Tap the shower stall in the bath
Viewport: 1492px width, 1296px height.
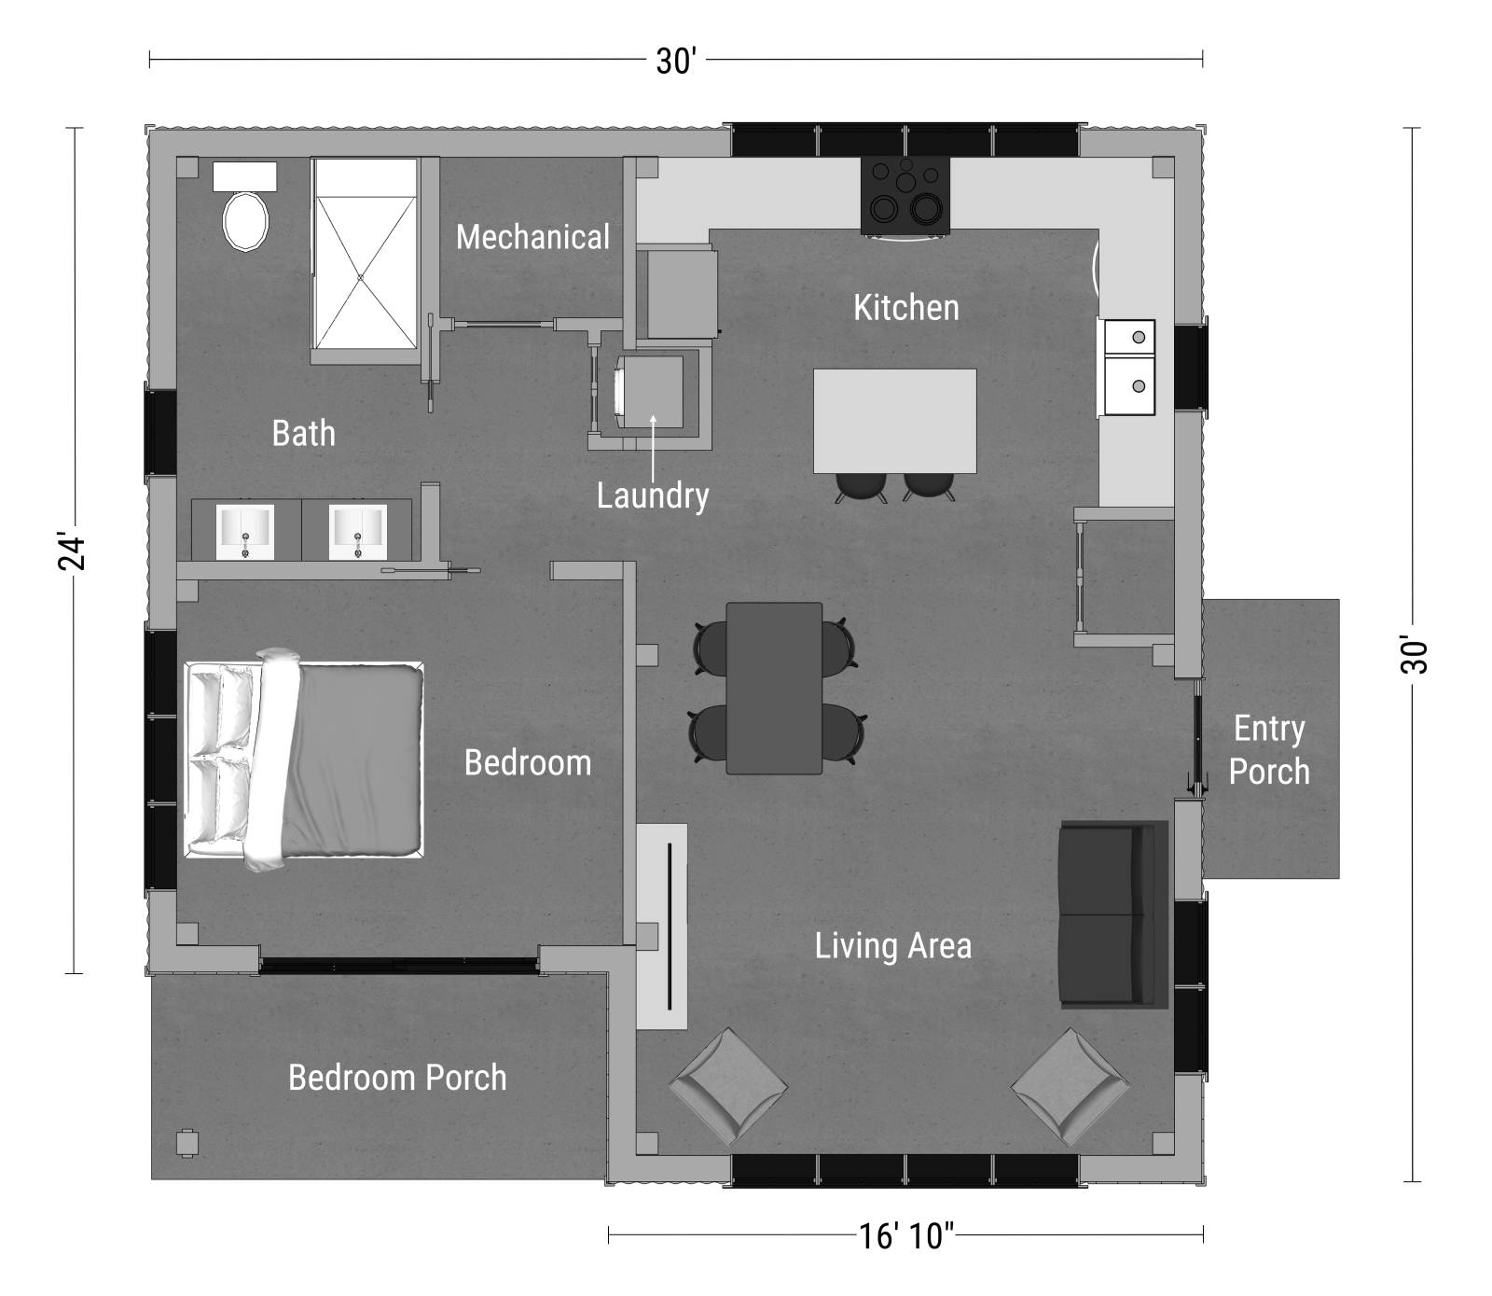(x=364, y=262)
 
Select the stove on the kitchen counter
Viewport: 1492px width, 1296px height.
(x=905, y=195)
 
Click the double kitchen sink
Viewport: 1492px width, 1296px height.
(x=1130, y=367)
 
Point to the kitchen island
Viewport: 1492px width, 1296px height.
(x=894, y=421)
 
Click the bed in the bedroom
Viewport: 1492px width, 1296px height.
(x=305, y=760)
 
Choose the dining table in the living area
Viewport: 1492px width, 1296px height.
(x=774, y=689)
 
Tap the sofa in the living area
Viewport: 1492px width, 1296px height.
(x=1112, y=914)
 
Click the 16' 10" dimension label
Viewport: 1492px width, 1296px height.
(x=905, y=1236)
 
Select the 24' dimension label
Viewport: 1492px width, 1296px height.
(x=74, y=551)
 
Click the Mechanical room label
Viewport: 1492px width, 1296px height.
(x=532, y=237)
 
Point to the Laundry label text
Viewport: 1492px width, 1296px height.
(x=653, y=495)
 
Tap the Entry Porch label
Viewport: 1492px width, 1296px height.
(x=1268, y=750)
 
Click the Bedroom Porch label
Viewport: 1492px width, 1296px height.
(x=397, y=1078)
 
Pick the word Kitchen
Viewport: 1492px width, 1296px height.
(x=905, y=308)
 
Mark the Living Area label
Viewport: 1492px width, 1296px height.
(x=892, y=946)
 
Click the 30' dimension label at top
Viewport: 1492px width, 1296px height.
(x=675, y=62)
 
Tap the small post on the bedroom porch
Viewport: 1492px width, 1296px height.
(x=187, y=1143)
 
